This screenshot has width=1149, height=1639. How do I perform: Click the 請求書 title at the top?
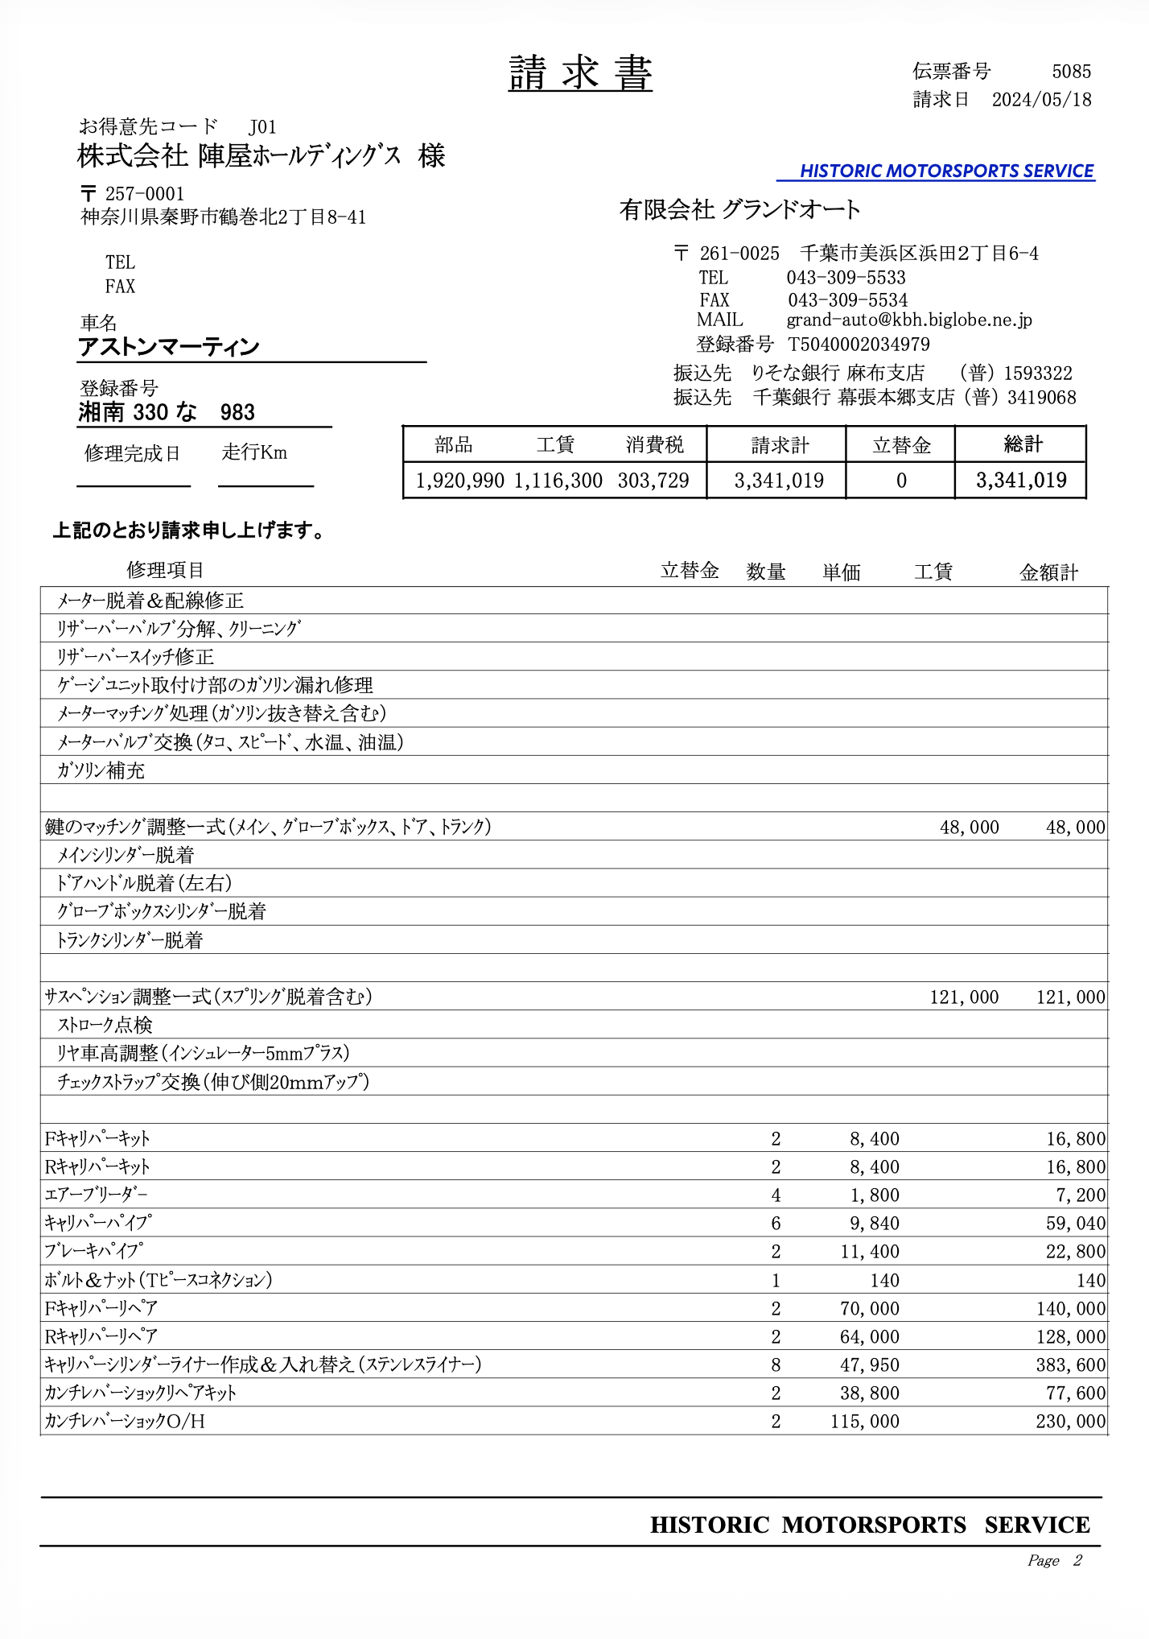pos(580,74)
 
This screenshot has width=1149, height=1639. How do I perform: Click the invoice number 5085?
pos(1071,72)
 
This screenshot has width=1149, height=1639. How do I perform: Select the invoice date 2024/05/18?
pos(1041,100)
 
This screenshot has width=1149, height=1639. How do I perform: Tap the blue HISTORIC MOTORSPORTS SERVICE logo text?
pos(946,171)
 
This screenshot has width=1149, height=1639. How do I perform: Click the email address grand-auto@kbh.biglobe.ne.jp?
pos(908,320)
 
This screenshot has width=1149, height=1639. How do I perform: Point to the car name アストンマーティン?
pos(169,347)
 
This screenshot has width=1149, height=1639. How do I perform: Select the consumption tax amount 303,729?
pos(653,481)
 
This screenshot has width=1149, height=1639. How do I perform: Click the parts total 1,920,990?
pos(459,481)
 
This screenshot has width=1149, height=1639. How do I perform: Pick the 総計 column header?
pos(1023,444)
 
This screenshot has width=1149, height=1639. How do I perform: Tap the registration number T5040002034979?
pos(859,345)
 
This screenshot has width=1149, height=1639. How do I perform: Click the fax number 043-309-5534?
pos(847,300)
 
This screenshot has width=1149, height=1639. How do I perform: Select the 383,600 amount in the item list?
pos(1070,1365)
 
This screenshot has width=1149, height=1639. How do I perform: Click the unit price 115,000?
pos(865,1422)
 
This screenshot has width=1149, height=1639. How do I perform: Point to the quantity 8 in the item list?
pos(776,1365)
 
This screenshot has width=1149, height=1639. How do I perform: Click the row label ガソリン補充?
pos(101,770)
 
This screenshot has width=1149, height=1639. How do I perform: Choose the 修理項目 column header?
pos(165,571)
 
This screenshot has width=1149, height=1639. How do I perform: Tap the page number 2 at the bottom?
pos(1077,1560)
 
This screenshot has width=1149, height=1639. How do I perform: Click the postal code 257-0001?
pos(145,194)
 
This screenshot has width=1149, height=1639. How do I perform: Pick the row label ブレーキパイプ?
pos(94,1252)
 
